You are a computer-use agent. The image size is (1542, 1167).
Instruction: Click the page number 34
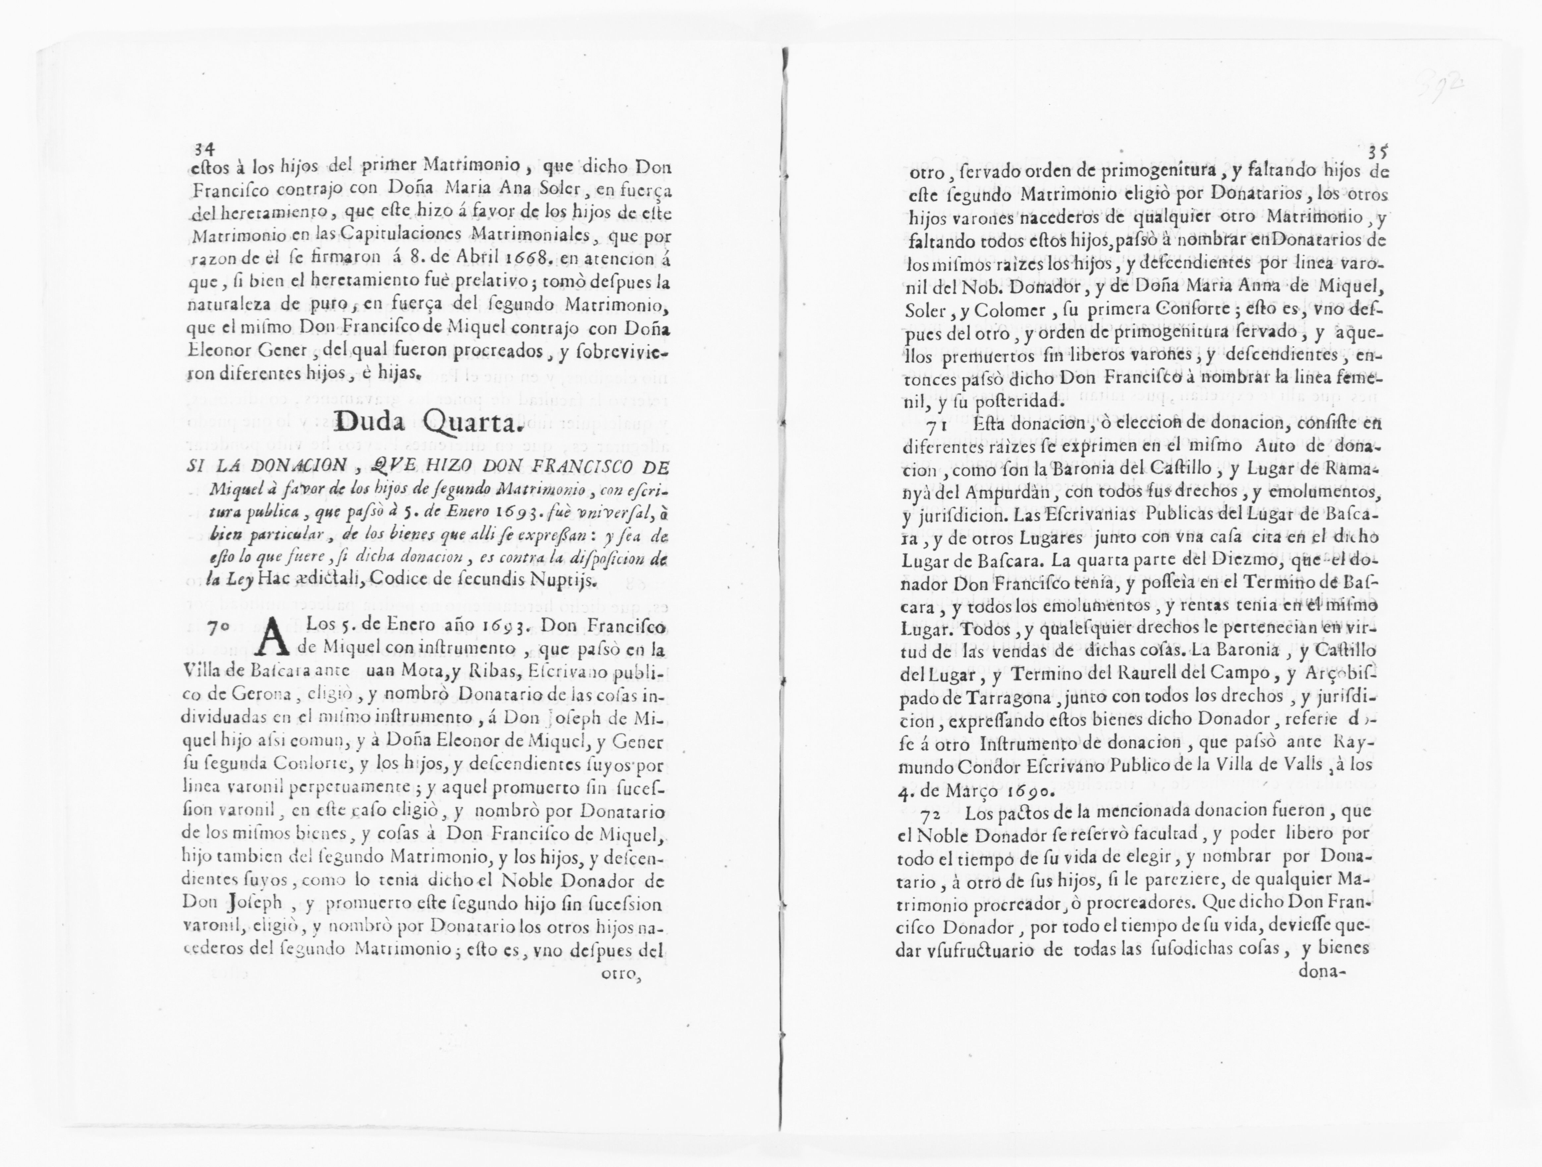click(x=203, y=148)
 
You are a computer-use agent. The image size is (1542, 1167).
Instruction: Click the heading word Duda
click(x=375, y=421)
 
